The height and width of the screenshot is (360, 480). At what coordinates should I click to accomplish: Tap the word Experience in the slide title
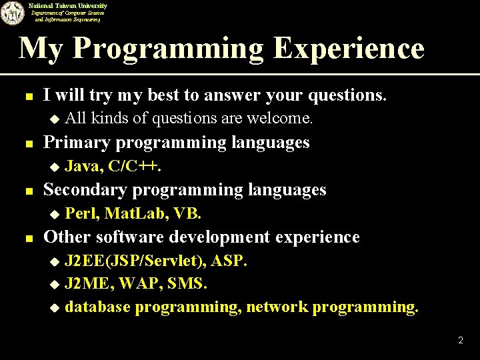[347, 48]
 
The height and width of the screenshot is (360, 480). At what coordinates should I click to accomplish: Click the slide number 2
[460, 341]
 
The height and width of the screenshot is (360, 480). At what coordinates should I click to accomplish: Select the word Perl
[80, 213]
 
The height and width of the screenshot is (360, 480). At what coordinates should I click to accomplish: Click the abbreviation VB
[187, 213]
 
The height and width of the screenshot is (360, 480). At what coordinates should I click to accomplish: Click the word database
[96, 307]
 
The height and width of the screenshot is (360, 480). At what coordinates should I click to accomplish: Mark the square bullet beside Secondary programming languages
[27, 191]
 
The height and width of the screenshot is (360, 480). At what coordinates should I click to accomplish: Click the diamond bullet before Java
[55, 167]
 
